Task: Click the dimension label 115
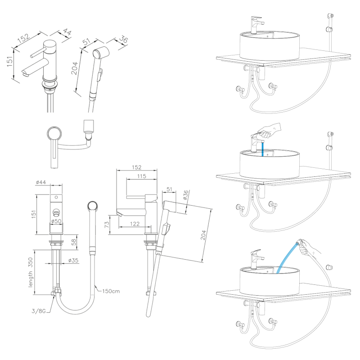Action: pyautogui.click(x=142, y=176)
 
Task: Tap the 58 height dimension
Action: pyautogui.click(x=75, y=243)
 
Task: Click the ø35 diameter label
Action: pyautogui.click(x=74, y=261)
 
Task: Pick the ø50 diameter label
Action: pyautogui.click(x=56, y=221)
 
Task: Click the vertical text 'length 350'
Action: pyautogui.click(x=31, y=273)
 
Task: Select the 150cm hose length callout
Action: pyautogui.click(x=110, y=291)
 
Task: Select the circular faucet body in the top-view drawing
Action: pyautogui.click(x=54, y=135)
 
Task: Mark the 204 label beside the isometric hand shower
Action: pyautogui.click(x=75, y=67)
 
